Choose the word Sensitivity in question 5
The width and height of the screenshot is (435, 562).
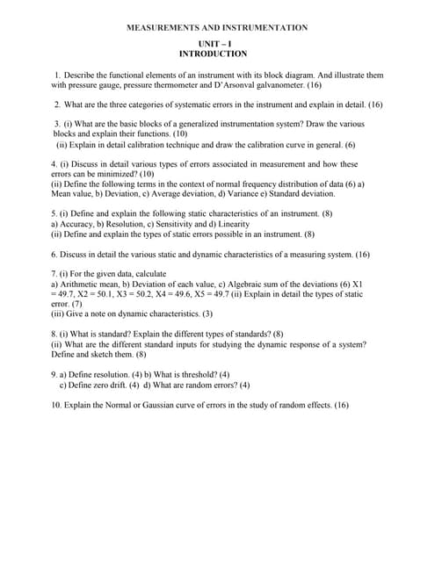tap(166, 224)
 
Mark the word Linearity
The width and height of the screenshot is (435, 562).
tap(233, 224)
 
